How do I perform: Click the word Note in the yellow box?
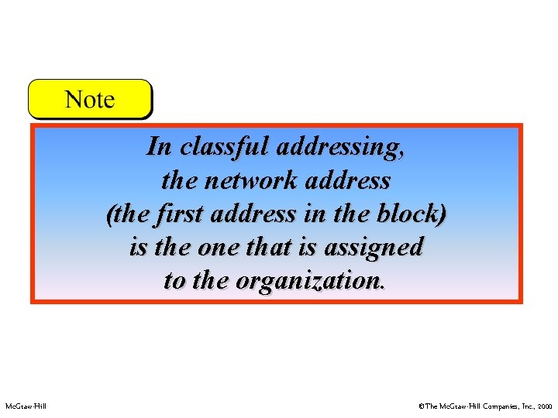[x=90, y=100]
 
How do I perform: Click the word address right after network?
[x=353, y=180]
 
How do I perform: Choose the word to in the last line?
[x=174, y=280]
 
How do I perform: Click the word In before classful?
[x=158, y=146]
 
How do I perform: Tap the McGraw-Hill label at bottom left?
[x=26, y=406]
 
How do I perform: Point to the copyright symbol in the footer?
[x=421, y=406]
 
